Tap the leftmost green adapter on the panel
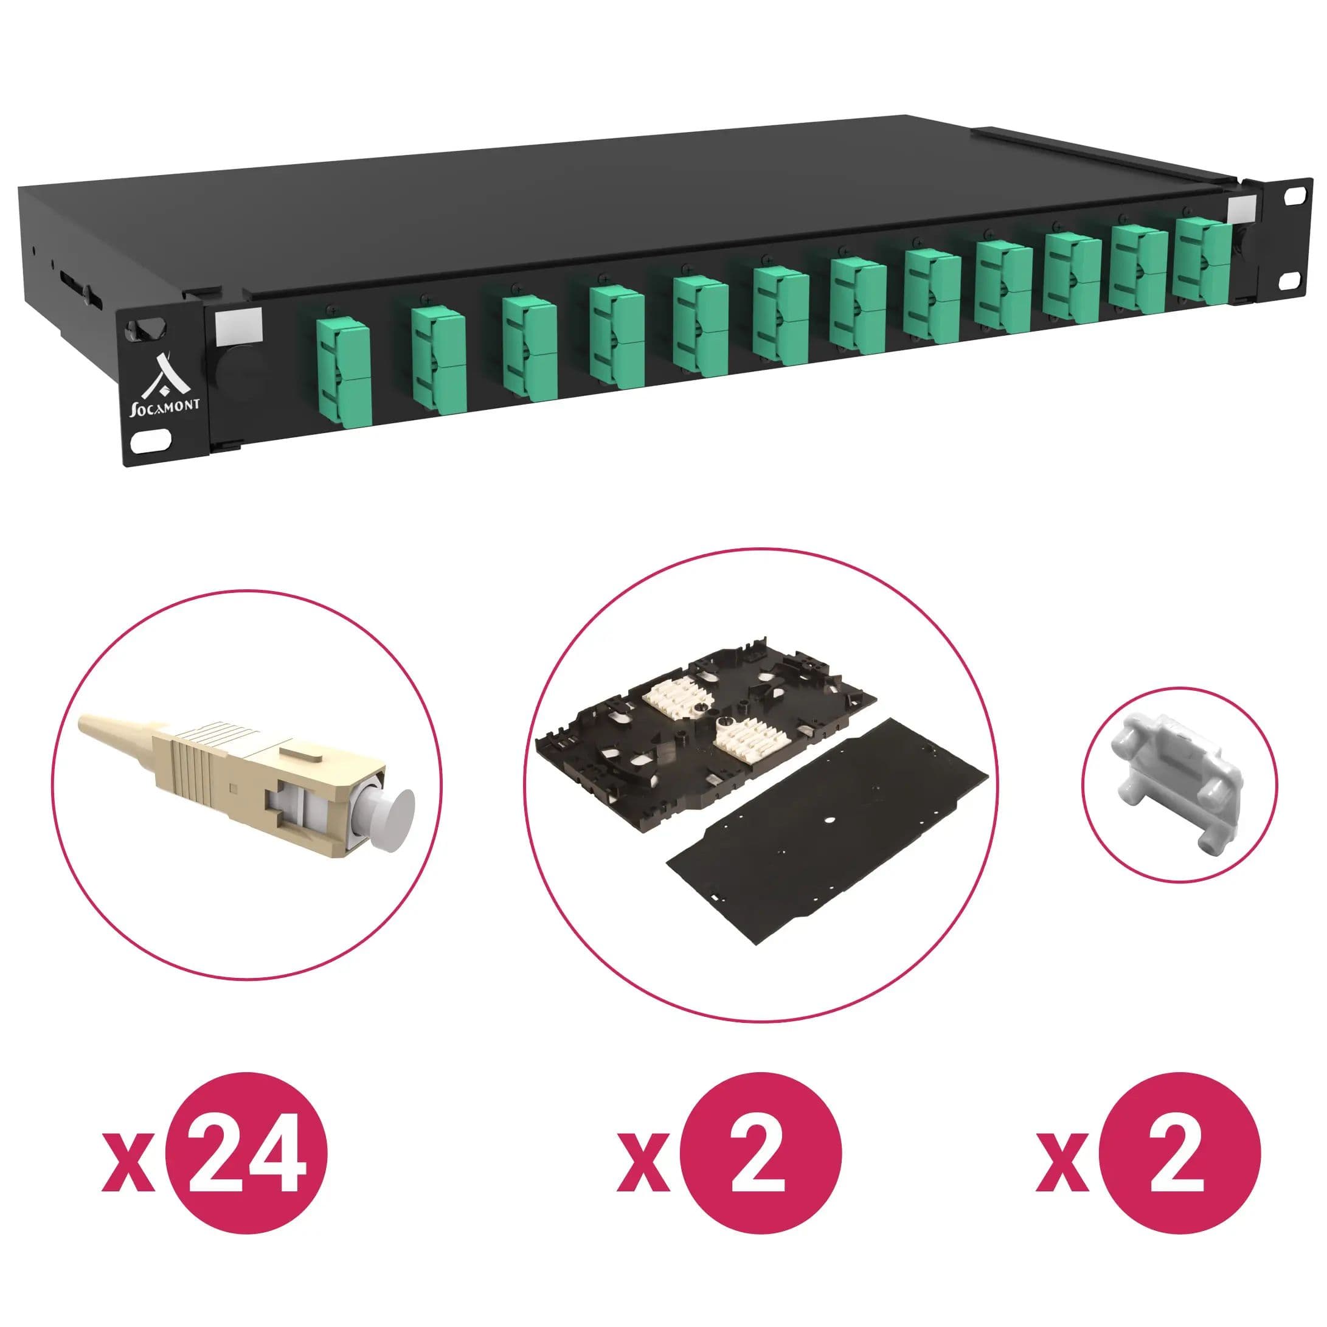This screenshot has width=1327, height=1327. tap(343, 372)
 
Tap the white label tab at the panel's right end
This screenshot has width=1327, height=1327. tap(1241, 209)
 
